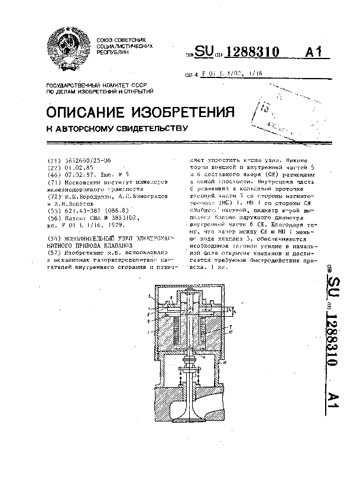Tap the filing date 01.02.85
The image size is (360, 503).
click(x=74, y=168)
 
